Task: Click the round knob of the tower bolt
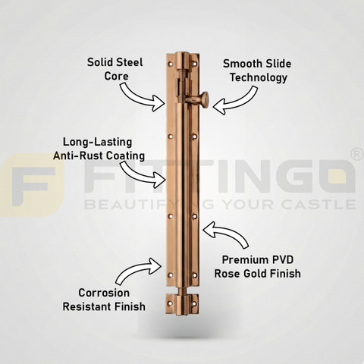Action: pyautogui.click(x=204, y=99)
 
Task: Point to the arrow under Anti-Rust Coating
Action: pyautogui.click(x=142, y=174)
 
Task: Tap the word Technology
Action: pyautogui.click(x=259, y=78)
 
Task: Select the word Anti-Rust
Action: pyautogui.click(x=77, y=155)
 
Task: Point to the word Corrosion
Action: pyautogui.click(x=104, y=293)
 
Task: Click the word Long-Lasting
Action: pyautogui.click(x=97, y=142)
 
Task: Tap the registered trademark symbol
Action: pyautogui.click(x=357, y=155)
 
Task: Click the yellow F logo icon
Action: pyautogui.click(x=32, y=185)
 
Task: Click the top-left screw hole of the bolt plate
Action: pyautogui.click(x=171, y=64)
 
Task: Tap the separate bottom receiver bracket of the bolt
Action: pyautogui.click(x=182, y=303)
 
